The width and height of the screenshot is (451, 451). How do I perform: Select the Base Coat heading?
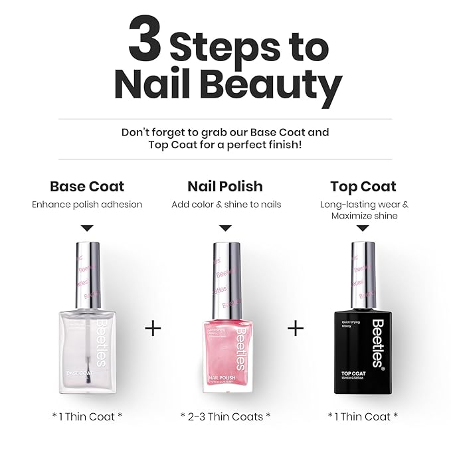[87, 187]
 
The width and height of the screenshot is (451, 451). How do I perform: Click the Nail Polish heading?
[225, 187]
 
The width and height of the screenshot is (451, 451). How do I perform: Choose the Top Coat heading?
[363, 187]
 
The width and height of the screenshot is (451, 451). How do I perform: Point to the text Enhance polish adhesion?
[87, 205]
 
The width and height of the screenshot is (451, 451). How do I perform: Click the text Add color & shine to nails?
[226, 205]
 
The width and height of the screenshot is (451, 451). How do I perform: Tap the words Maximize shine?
[364, 216]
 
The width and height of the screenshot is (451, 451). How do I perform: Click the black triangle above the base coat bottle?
[87, 228]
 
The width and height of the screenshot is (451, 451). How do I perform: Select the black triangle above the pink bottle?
[225, 228]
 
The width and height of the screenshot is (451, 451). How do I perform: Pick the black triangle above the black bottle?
[363, 228]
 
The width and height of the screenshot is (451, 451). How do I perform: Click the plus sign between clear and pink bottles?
[153, 328]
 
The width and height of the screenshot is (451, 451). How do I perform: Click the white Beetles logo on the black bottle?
[377, 343]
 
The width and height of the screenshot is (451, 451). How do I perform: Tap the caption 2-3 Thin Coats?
[225, 416]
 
